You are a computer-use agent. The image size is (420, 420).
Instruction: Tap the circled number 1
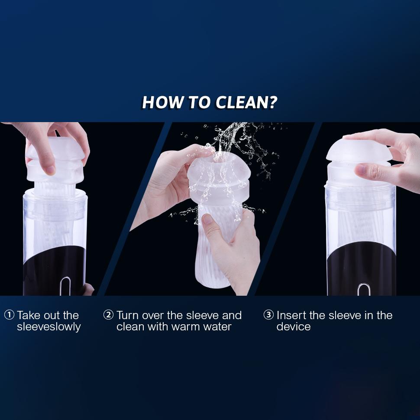pos(9,315)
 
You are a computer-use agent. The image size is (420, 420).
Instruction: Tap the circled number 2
pos(108,315)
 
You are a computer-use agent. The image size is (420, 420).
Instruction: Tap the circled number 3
pos(268,315)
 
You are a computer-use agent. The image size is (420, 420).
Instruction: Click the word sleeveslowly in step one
pos(48,326)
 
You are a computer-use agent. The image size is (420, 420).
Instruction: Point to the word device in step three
pos(293,326)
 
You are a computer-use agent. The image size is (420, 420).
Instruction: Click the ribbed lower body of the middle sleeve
pos(216,255)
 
